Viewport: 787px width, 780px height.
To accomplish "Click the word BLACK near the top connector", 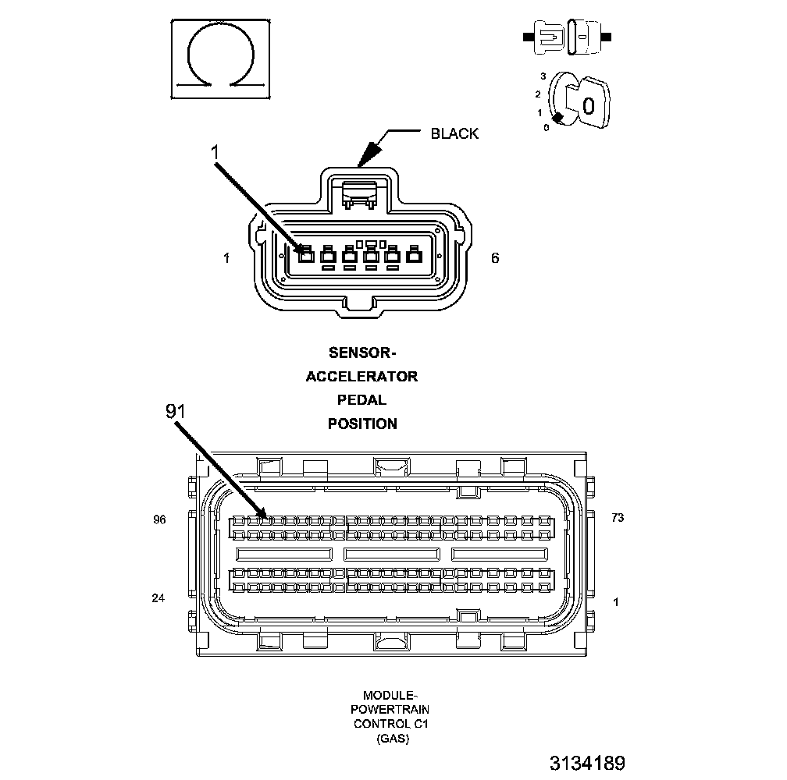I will (454, 133).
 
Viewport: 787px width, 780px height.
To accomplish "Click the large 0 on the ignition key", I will (589, 105).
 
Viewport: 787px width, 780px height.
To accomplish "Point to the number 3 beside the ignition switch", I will (543, 76).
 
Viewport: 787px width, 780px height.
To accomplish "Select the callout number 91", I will (176, 411).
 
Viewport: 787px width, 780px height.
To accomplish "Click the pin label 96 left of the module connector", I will (159, 519).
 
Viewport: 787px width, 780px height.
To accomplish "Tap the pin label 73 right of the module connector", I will (618, 517).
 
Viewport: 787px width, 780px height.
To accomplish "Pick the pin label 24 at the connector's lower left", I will (159, 599).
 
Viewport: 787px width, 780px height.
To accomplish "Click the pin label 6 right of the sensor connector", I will (495, 257).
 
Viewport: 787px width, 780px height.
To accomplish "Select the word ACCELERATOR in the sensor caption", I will (361, 377).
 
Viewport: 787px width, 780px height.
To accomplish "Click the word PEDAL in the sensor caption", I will (361, 400).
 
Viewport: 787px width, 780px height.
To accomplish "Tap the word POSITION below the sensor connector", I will (361, 424).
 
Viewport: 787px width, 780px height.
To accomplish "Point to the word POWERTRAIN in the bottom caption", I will (391, 709).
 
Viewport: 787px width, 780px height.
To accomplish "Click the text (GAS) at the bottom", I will (391, 738).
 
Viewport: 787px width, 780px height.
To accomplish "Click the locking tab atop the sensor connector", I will (361, 193).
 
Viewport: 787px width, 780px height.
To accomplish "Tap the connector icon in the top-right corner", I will (566, 37).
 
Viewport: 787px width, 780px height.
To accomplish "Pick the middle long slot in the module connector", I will (392, 553).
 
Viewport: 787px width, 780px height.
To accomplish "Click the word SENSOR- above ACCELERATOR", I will (361, 353).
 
